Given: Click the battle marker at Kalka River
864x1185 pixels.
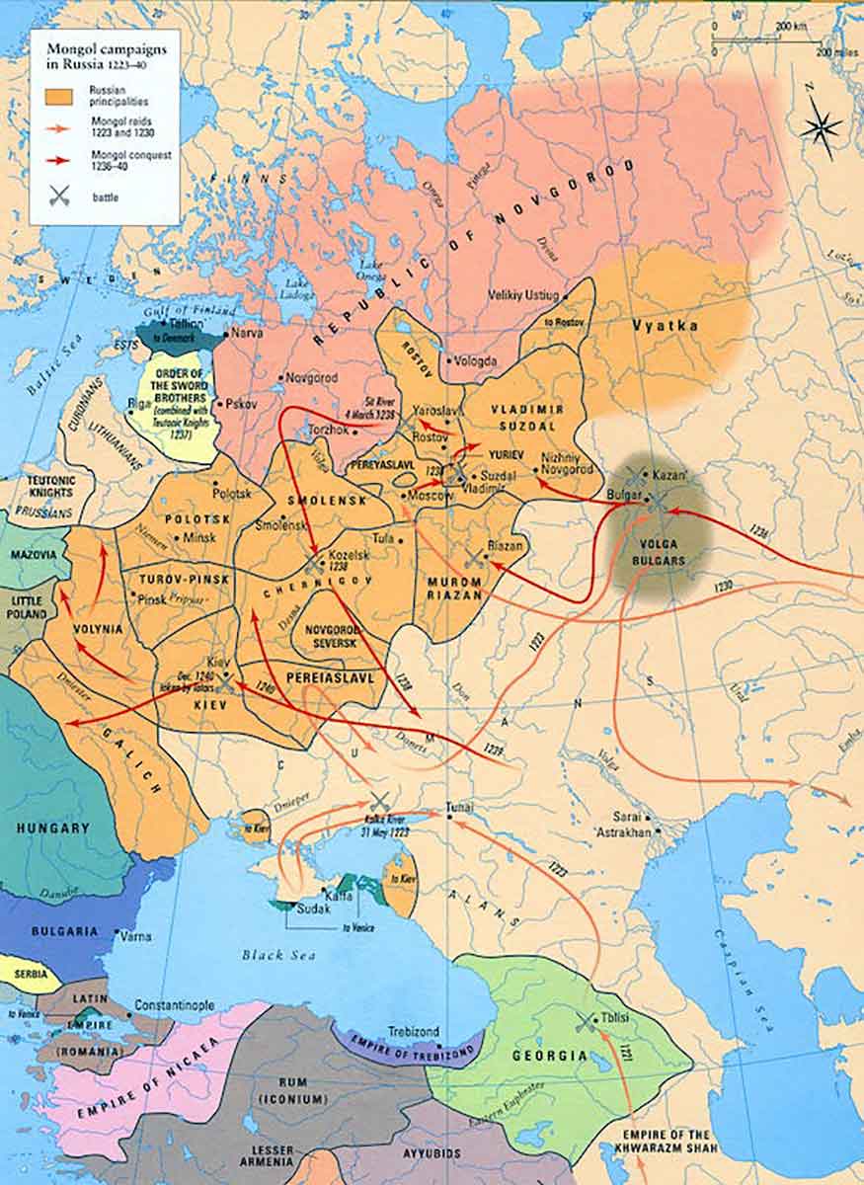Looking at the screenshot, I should [x=380, y=802].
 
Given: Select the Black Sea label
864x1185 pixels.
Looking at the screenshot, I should [x=277, y=955].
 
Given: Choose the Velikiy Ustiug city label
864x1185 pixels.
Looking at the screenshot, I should [x=523, y=294].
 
